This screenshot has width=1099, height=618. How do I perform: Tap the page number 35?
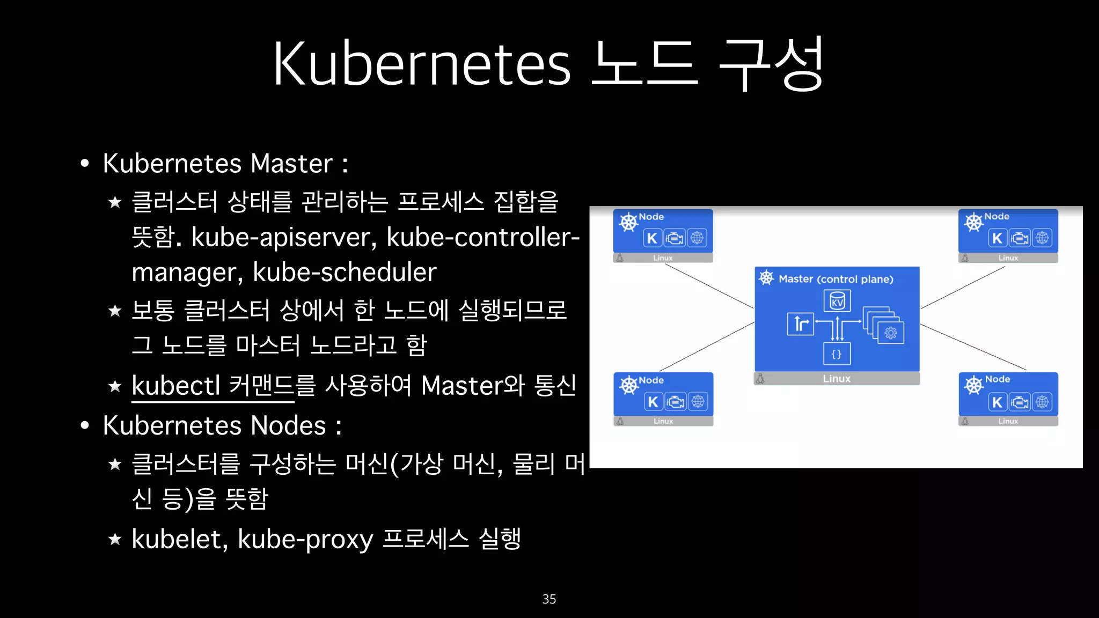tap(549, 599)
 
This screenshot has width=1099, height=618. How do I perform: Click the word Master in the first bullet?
tap(291, 164)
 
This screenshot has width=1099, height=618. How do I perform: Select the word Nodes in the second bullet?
tap(288, 426)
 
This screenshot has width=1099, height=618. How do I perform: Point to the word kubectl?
tap(176, 386)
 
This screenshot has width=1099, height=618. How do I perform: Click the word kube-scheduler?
tap(345, 273)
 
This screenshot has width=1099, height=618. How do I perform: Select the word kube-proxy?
tap(305, 539)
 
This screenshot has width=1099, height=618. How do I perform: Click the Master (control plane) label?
tap(836, 279)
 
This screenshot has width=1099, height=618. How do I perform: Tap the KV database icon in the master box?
tap(837, 301)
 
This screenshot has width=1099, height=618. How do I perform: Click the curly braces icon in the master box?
tap(837, 354)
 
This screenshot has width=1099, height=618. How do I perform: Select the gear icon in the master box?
tap(891, 333)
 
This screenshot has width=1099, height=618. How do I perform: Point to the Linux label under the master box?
tap(837, 379)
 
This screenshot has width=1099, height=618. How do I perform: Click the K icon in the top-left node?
tap(652, 238)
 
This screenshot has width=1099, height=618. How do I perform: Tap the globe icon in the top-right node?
tap(1042, 238)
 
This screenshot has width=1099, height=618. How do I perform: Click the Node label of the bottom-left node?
tap(651, 380)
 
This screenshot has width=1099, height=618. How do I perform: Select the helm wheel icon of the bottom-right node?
tap(973, 385)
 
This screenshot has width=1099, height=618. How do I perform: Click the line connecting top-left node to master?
tap(709, 286)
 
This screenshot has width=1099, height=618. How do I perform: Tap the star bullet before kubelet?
tap(115, 539)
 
